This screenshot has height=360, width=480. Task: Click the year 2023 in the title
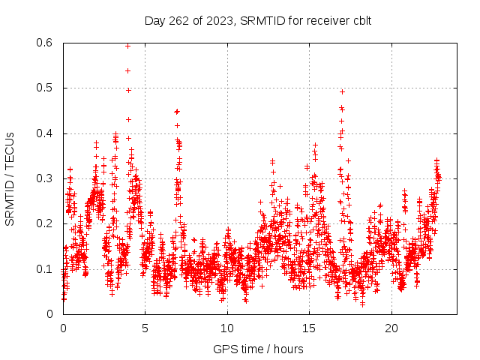pos(217,20)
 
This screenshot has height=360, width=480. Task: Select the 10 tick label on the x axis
pos(227,328)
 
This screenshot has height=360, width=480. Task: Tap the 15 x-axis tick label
pos(309,328)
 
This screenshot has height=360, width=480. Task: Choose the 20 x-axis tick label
pos(391,328)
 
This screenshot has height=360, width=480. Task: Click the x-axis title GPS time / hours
pos(258,349)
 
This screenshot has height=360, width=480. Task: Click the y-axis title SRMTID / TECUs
pos(10,178)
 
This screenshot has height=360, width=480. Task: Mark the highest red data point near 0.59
pos(127,46)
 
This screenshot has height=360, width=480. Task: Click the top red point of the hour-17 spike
pos(342,91)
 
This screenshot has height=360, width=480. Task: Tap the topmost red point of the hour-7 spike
pos(177,111)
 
